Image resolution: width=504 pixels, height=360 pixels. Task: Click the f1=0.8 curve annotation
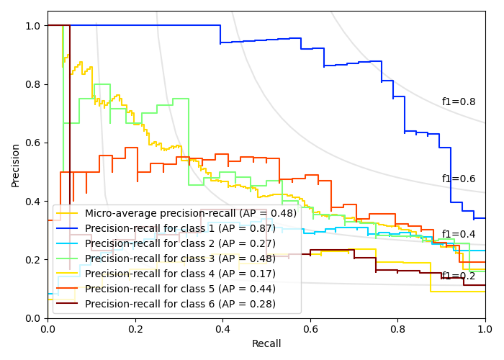pyautogui.click(x=459, y=102)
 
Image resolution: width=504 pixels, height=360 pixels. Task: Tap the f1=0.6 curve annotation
pyautogui.click(x=459, y=179)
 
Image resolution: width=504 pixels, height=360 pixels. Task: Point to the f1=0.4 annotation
pyautogui.click(x=459, y=235)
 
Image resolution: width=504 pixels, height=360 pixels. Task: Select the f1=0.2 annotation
pyautogui.click(x=459, y=276)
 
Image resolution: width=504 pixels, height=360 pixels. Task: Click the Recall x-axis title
pyautogui.click(x=266, y=344)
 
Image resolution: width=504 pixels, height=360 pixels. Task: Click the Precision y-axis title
pyautogui.click(x=16, y=164)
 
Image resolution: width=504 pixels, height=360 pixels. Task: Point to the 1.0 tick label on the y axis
pyautogui.click(x=33, y=26)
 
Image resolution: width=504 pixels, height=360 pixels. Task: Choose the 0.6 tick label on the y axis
pyautogui.click(x=33, y=143)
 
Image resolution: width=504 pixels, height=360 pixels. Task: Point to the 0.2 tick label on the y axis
pyautogui.click(x=33, y=260)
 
